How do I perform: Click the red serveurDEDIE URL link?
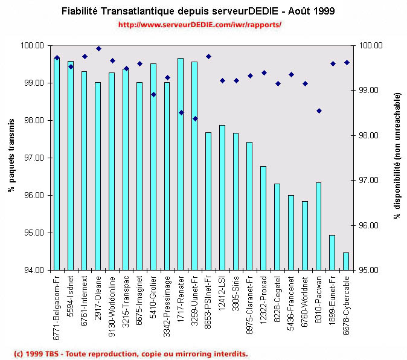point(200,25)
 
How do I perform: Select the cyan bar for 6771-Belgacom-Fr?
point(57,163)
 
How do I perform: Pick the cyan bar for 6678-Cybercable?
point(346,261)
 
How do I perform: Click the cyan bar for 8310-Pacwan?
point(318,226)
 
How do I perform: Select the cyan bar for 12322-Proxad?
point(263,217)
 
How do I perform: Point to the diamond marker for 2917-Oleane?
point(98,48)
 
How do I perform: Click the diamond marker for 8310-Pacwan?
point(319,111)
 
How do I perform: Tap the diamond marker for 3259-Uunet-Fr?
point(195,118)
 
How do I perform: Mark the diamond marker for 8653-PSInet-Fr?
point(208,56)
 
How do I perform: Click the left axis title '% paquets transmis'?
point(11,157)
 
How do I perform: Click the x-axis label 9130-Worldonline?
point(112,304)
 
